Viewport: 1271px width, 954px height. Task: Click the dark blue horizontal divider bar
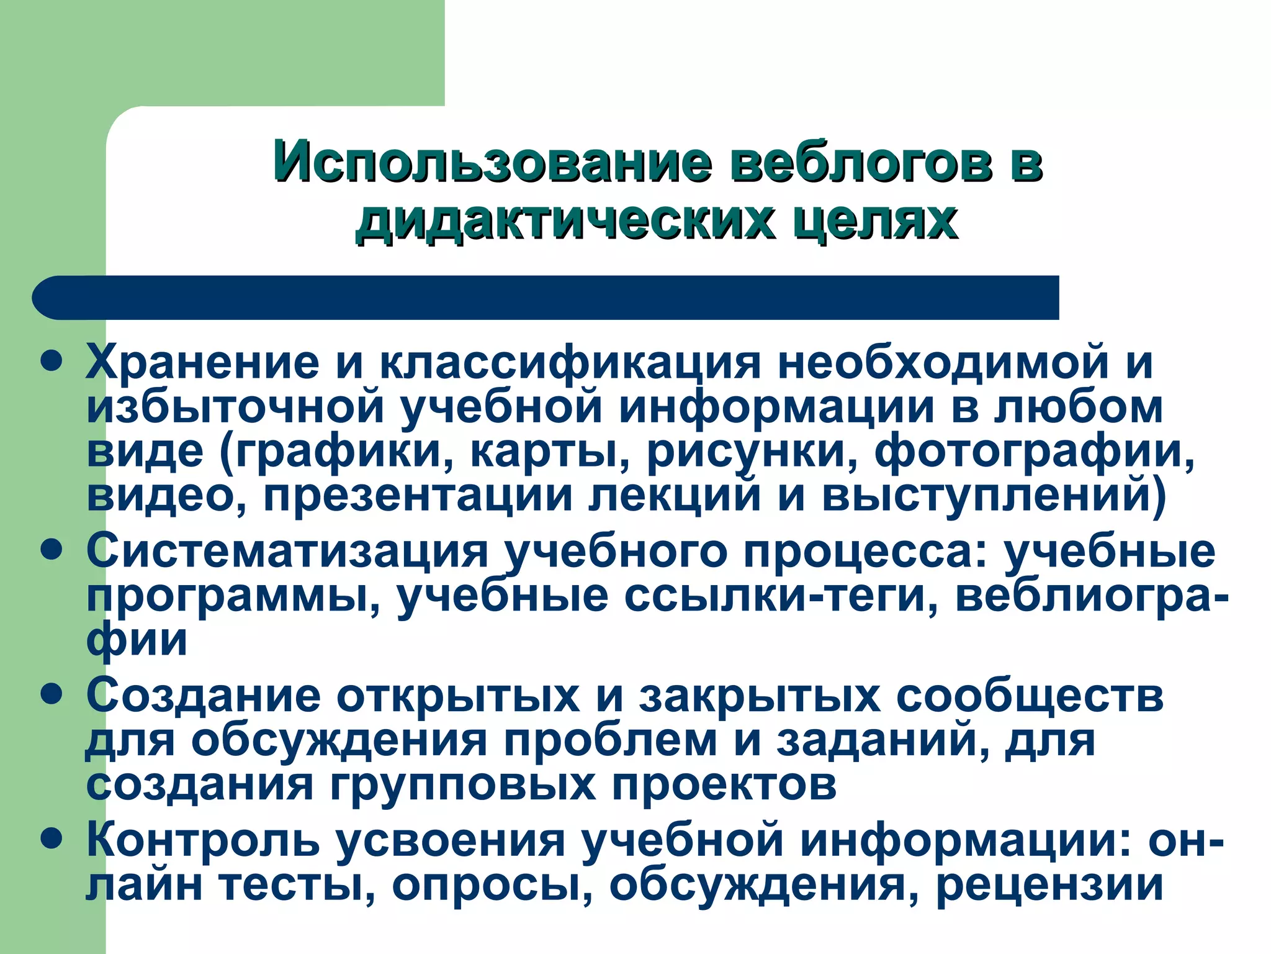[546, 298]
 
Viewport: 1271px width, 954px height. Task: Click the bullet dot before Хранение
[52, 360]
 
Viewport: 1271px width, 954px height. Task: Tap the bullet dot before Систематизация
[52, 550]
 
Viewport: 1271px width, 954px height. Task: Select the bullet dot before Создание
[52, 694]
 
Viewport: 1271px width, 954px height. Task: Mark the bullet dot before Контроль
[52, 838]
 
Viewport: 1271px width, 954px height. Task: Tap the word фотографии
[1034, 452]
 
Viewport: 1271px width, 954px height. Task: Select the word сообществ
[1030, 696]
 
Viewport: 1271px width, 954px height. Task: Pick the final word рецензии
[1049, 884]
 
